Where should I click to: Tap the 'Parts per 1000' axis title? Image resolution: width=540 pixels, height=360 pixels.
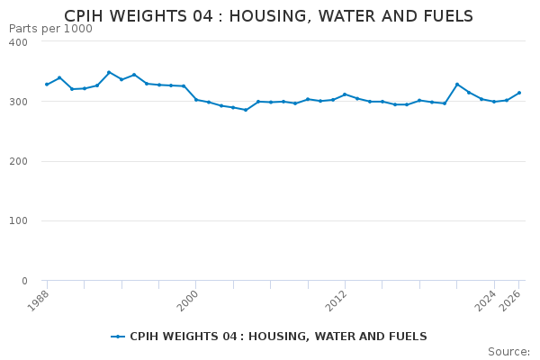point(50,29)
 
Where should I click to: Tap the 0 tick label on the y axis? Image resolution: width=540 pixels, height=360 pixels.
point(33,281)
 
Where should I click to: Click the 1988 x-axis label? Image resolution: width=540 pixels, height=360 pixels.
point(40,301)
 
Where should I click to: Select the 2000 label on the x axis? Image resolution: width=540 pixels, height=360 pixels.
point(189,301)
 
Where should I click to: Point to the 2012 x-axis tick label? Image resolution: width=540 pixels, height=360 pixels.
point(337,301)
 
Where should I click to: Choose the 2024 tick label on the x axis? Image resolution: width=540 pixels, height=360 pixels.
point(487,301)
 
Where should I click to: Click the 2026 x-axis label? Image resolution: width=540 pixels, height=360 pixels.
point(512,301)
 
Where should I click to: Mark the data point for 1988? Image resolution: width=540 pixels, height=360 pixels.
point(47,85)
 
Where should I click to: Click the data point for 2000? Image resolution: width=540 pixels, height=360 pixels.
point(196,99)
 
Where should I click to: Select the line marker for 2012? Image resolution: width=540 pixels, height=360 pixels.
point(345,94)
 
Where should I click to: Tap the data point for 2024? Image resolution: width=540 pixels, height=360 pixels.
point(494,102)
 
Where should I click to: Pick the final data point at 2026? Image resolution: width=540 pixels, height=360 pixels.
point(519,93)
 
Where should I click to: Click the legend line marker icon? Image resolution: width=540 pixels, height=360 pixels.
point(118,337)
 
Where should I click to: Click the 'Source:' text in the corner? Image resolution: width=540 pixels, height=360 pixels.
point(508,352)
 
